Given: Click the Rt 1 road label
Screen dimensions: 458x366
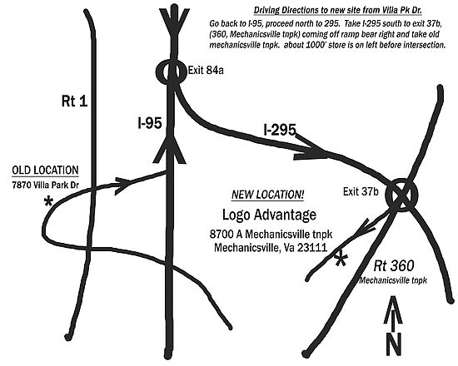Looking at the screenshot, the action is pos(74,101).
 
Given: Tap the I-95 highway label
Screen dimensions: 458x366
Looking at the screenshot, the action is pos(150,123).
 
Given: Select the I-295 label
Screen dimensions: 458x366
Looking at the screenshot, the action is pos(280,130).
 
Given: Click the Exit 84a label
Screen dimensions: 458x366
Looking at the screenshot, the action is pos(206,70).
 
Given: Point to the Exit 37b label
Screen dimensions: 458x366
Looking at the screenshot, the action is pos(361,191).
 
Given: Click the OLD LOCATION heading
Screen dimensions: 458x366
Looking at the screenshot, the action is pos(45,171).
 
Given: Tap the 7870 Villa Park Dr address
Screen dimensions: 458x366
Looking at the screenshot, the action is pos(45,185).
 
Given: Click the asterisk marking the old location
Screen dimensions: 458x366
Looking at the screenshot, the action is pos(48,201).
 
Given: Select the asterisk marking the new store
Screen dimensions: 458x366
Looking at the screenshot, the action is pos(341,260).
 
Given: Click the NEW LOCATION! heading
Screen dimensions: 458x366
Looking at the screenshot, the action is pos(268,195).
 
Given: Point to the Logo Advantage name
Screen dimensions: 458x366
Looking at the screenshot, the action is pos(269,215).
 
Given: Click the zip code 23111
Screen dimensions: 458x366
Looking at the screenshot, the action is pos(312,248).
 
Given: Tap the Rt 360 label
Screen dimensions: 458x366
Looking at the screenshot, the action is pos(394,265).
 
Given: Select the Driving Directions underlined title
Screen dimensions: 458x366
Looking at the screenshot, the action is pos(338,10).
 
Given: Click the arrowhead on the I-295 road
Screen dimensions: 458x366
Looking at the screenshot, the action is pos(311,147).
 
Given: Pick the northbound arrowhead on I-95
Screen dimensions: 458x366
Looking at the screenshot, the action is pos(169,149).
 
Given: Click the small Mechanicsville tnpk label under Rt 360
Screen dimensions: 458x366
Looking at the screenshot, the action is pos(393,280).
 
